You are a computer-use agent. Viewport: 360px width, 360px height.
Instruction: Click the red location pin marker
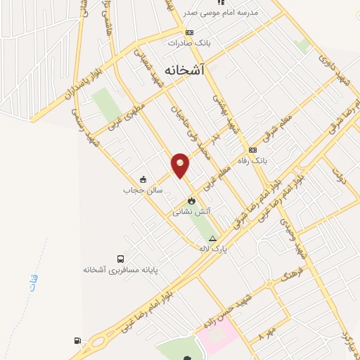pos(181,165)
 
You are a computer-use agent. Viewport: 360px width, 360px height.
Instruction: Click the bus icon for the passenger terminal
pos(122,259)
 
